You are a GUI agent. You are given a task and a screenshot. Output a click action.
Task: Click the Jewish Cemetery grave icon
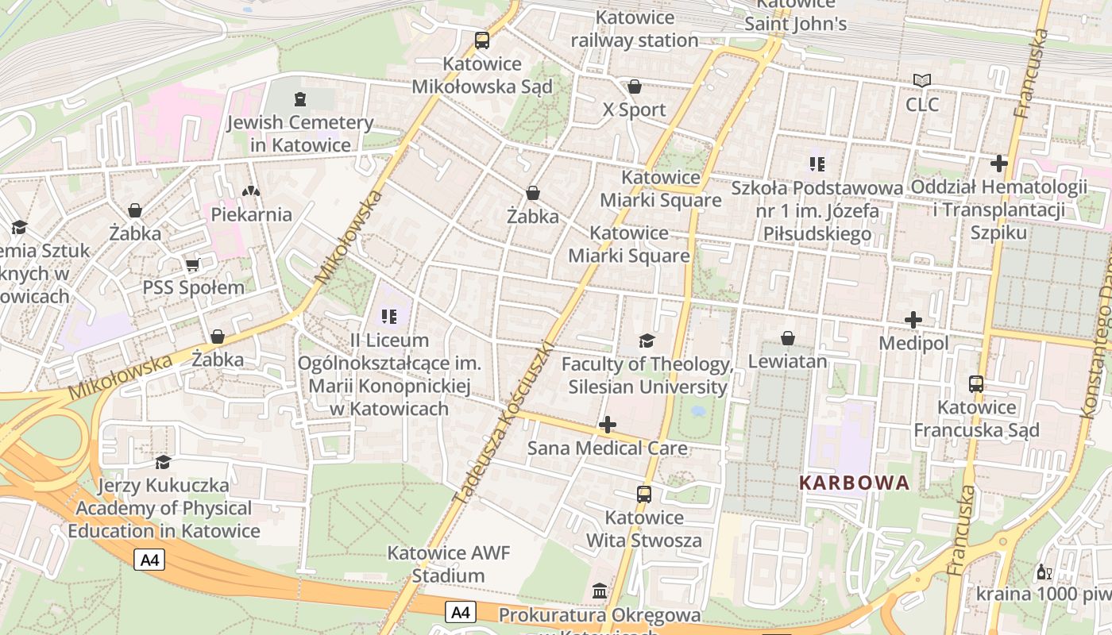coord(299,99)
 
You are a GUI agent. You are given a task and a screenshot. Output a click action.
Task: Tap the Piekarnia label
coord(251,214)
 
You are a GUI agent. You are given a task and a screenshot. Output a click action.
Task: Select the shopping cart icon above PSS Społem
coord(192,264)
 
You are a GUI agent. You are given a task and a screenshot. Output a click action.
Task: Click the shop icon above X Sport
coord(634,87)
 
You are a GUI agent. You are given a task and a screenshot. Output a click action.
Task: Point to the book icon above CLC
coord(921,81)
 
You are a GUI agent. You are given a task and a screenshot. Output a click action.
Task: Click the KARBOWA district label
coord(854,483)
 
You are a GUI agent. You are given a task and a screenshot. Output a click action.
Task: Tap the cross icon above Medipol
coord(913,320)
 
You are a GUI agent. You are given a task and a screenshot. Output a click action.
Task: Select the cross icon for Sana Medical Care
coord(608,425)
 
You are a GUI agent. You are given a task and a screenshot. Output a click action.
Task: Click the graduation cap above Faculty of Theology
coord(647,341)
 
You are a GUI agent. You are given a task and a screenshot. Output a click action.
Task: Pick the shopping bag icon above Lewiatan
coord(787,339)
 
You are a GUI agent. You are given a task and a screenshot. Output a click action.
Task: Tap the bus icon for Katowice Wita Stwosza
coord(644,495)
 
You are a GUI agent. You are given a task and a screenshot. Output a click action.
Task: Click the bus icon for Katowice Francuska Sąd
coord(976,384)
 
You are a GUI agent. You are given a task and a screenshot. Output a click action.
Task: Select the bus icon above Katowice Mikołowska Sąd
coord(481,40)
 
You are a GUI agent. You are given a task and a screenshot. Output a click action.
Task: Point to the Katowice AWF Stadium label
coord(448,564)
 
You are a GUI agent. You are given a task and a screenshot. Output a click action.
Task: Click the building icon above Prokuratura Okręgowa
coord(600,591)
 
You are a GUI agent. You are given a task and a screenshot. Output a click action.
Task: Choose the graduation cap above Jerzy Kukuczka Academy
coord(163,462)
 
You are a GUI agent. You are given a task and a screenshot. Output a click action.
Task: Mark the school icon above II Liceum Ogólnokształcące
coord(388,317)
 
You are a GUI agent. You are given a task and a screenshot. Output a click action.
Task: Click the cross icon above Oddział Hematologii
coord(999,164)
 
